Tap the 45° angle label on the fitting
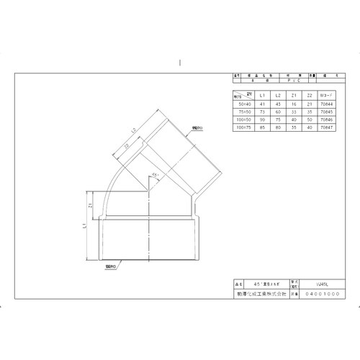156,175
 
